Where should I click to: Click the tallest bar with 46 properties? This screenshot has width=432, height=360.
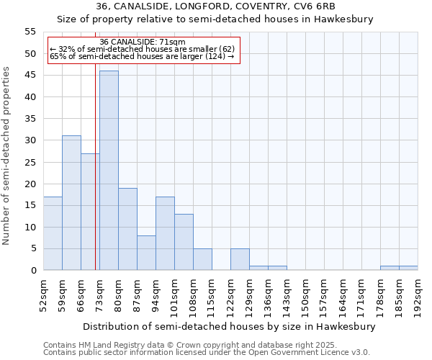coord(109,171)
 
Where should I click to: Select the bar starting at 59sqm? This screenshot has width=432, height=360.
coord(71,203)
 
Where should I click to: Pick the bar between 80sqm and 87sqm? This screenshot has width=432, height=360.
coord(127,229)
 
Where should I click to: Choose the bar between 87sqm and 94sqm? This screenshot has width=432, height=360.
coord(146,253)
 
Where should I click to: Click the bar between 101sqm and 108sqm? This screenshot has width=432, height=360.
coord(184,242)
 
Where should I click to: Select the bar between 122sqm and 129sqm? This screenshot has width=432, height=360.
coord(240,259)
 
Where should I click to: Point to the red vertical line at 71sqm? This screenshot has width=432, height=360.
coord(95,180)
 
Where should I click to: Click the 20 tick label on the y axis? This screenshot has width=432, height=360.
coord(30,184)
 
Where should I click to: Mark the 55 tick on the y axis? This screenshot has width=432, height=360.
coord(30,32)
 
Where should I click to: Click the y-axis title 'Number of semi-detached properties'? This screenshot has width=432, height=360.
coord(7,156)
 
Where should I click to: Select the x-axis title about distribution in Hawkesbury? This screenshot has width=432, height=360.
coord(229,327)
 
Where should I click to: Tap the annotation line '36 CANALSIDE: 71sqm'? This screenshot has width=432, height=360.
coord(143,42)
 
